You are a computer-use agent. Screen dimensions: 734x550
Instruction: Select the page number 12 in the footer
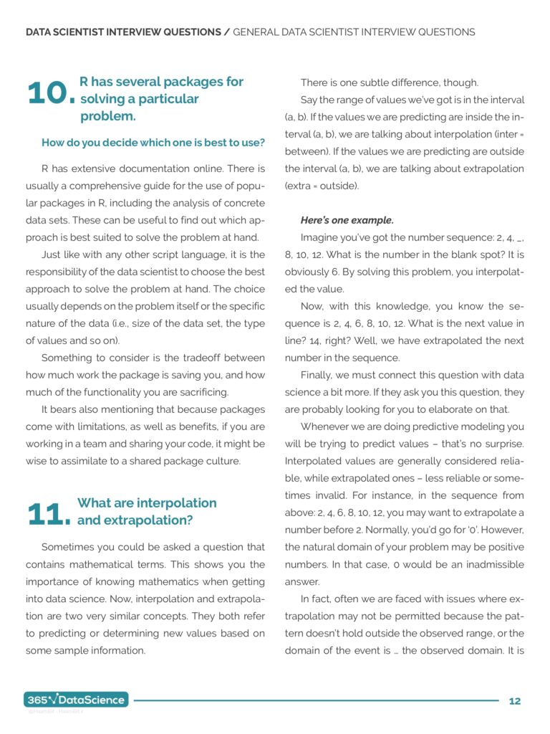tap(515, 701)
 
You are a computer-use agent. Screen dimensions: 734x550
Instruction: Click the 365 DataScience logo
tap(76, 700)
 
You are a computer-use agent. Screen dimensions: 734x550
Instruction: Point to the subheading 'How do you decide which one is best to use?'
tap(153, 143)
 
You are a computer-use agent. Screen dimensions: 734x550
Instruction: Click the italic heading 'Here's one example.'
tap(347, 220)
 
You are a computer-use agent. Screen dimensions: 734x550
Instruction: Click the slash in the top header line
tap(227, 32)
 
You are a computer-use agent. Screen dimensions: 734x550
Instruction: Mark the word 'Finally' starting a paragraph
tap(317, 375)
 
